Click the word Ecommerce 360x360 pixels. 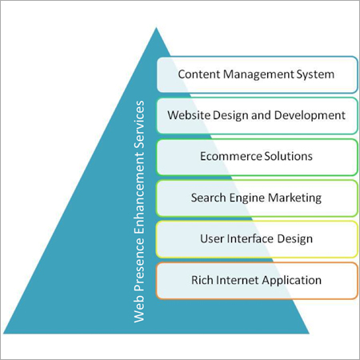pyautogui.click(x=230, y=156)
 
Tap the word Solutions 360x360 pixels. pyautogui.click(x=286, y=156)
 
